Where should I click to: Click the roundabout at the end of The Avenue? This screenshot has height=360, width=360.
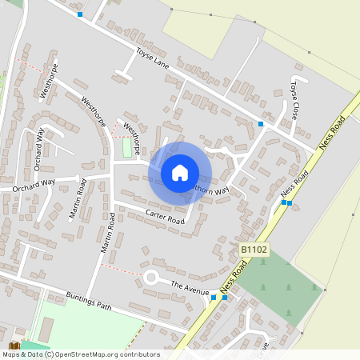[x=151, y=277]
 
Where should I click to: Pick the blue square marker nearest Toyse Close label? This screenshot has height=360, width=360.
[x=261, y=124]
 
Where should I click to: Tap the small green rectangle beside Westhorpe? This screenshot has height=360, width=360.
[x=127, y=148]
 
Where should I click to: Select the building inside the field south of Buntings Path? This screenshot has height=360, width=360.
[x=47, y=327]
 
